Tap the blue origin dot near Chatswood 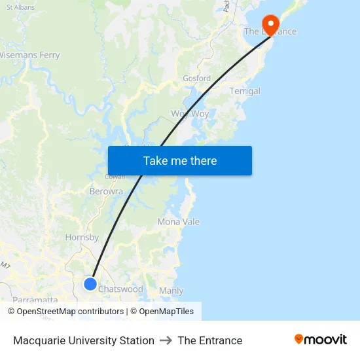pyautogui.click(x=90, y=284)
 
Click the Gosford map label pyautogui.click(x=196, y=79)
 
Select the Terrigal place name pyautogui.click(x=245, y=92)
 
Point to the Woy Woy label pyautogui.click(x=190, y=114)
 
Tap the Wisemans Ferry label pyautogui.click(x=29, y=56)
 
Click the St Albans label pyautogui.click(x=20, y=7)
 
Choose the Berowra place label pyautogui.click(x=106, y=192)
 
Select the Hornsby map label pyautogui.click(x=82, y=238)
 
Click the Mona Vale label pyautogui.click(x=178, y=222)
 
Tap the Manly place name pyautogui.click(x=171, y=291)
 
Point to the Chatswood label pyautogui.click(x=120, y=289)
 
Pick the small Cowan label pyautogui.click(x=115, y=177)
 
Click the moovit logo pyautogui.click(x=321, y=340)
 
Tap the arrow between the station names pyautogui.click(x=166, y=340)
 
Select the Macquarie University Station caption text pyautogui.click(x=84, y=340)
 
